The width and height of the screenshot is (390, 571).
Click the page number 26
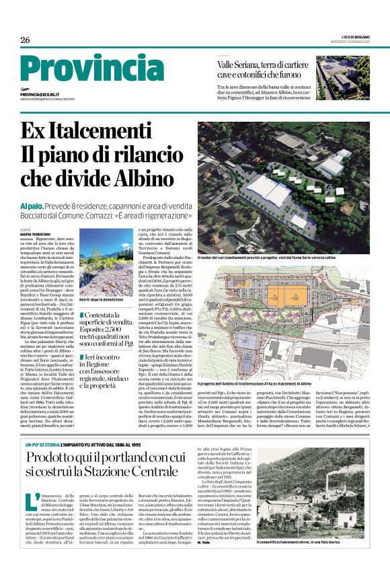coord(25,40)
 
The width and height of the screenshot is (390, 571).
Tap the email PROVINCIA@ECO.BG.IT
coord(48,95)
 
